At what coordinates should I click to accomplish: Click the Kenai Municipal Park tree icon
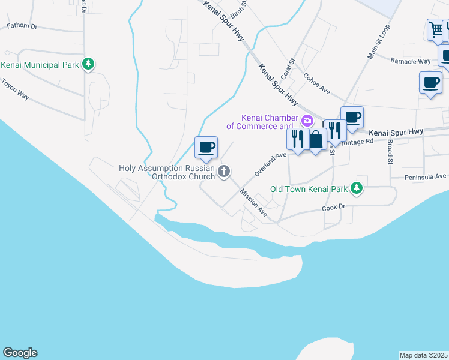pos(88,64)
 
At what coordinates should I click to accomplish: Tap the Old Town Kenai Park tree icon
pos(357,189)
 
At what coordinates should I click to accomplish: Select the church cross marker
pos(224,172)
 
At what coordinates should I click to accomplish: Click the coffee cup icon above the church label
pos(206,147)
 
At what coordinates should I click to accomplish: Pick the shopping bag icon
pos(316,139)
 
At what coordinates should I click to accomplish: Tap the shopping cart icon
pos(436,29)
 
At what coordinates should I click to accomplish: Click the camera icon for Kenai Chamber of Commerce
pos(307,121)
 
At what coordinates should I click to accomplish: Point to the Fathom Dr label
pos(22,26)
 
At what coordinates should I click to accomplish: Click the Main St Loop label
pos(379,41)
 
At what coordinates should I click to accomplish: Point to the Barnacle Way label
pos(411,61)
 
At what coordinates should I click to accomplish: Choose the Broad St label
pos(390,152)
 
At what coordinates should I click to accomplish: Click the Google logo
pos(20,353)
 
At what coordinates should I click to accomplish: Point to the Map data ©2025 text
pos(424,355)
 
